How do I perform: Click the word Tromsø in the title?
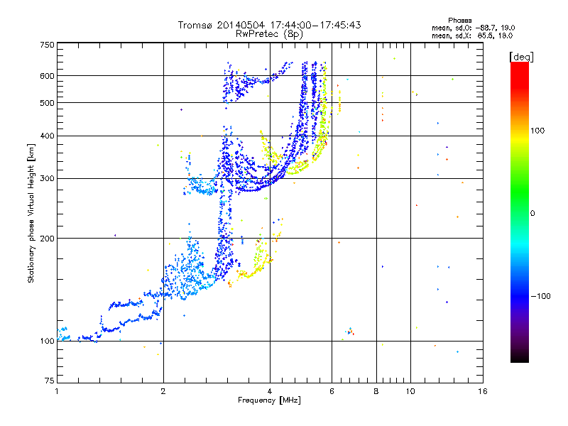193,25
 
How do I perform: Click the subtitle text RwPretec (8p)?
269,33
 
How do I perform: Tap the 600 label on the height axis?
48,75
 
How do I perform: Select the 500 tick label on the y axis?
48,103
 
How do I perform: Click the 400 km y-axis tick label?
48,136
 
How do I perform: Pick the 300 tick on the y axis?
48,178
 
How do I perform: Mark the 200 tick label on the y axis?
48,239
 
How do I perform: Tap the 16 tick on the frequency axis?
483,391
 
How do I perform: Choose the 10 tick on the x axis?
410,391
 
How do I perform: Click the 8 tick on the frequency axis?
376,391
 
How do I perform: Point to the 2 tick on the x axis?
163,391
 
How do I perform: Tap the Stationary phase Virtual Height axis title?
31,214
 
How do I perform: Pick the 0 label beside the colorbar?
532,213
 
